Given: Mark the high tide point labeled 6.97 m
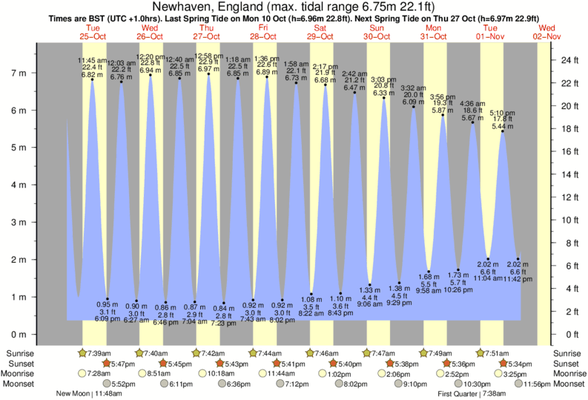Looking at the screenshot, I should [x=209, y=74].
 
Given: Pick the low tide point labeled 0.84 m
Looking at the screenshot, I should [x=224, y=303].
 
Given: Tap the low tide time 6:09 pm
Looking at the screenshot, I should [x=108, y=320].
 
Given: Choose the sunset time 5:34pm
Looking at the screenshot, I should [x=518, y=364].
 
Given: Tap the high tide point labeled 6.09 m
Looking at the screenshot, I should [x=414, y=107].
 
